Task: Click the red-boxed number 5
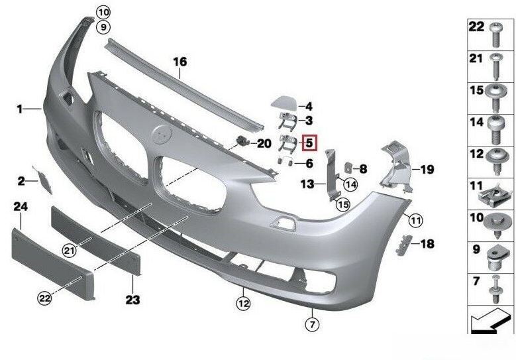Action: (x=309, y=142)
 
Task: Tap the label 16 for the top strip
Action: (x=180, y=62)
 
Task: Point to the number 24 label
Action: (x=21, y=208)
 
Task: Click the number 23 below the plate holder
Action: (x=132, y=300)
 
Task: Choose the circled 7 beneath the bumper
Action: (x=311, y=324)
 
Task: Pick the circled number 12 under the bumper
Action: (x=243, y=304)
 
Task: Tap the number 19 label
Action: (x=427, y=170)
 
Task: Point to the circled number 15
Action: (x=342, y=204)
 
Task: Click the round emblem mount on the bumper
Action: (x=162, y=136)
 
